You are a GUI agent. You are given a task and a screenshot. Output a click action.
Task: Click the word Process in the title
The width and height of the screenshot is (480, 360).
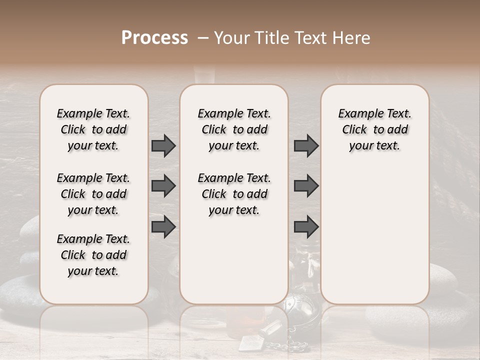(x=154, y=37)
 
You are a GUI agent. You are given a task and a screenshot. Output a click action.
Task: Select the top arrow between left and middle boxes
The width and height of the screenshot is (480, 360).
(x=163, y=145)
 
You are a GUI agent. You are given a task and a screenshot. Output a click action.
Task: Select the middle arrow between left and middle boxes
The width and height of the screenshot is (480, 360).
(x=163, y=186)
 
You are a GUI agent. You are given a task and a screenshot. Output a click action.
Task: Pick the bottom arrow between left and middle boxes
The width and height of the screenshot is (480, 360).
(x=163, y=226)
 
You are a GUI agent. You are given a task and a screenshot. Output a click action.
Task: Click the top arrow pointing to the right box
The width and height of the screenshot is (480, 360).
(x=306, y=145)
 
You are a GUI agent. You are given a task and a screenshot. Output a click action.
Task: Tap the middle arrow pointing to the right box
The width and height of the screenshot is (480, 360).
(x=306, y=186)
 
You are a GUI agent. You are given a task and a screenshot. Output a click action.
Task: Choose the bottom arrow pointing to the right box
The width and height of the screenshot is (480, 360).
(x=306, y=226)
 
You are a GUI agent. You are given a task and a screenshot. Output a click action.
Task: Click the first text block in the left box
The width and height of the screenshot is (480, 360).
(x=93, y=129)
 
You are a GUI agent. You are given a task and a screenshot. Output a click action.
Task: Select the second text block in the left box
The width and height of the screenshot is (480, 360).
(x=93, y=194)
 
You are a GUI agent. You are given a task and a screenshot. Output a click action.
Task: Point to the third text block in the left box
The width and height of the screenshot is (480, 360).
(x=93, y=255)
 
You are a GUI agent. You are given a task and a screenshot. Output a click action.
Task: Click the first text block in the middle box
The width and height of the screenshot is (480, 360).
(x=234, y=129)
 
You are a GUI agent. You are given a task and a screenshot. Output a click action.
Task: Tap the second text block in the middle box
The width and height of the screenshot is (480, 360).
(x=234, y=194)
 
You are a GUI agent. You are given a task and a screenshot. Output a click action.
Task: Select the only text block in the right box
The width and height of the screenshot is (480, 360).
(x=374, y=129)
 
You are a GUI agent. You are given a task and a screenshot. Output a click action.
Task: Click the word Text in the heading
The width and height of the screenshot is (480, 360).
(x=311, y=38)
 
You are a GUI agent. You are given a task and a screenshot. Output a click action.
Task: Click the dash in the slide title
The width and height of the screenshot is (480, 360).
(x=203, y=38)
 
